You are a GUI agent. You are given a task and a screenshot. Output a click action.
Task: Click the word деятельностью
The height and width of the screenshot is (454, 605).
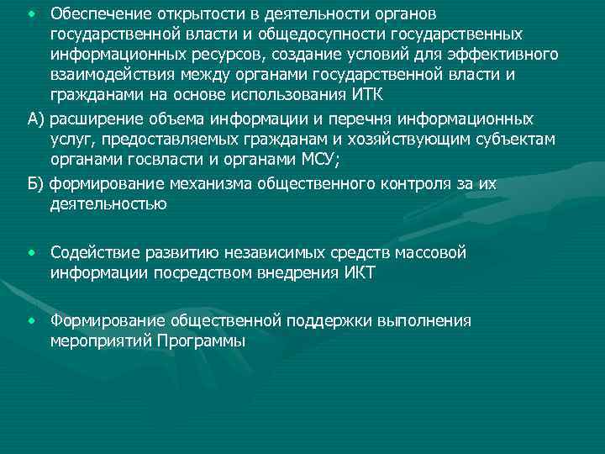pos(108,203)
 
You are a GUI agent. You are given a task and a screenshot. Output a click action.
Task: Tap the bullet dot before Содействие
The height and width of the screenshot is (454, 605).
pos(30,251)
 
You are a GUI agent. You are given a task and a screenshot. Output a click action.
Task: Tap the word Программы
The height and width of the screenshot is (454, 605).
pos(203,340)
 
